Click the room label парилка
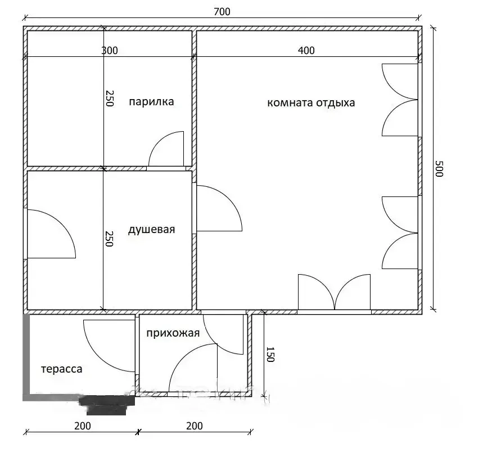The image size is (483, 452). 151,102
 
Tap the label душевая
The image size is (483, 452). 151,230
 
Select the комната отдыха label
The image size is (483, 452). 311,102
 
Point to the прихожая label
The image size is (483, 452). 173,333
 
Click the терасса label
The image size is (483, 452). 62,369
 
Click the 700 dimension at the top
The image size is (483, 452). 222,12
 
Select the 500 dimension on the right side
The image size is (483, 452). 439,168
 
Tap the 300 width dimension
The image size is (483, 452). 110,51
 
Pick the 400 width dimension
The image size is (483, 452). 306,51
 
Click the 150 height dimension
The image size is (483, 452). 270,354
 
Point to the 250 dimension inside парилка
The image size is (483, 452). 110,99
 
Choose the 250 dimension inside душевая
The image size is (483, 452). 109,239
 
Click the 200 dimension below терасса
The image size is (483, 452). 83,426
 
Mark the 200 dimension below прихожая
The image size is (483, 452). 195,426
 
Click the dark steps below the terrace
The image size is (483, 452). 106,405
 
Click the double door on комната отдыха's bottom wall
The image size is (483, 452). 334,292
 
